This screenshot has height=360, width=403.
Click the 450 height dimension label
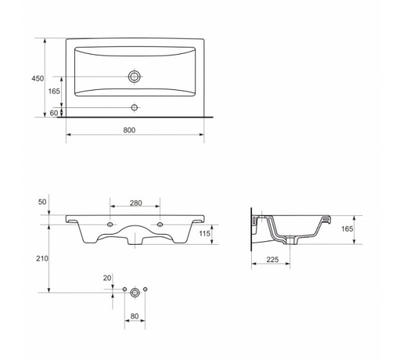37,78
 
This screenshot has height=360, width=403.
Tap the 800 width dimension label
129,130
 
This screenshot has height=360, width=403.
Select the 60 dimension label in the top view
54,113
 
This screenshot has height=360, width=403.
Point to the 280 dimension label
136,203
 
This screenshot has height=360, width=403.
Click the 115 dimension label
204,233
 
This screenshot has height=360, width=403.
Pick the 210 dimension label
42,258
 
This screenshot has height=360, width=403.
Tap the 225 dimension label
273,260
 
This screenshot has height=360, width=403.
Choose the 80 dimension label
135,316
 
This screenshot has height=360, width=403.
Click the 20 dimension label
107,278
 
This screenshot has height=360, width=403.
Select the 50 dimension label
42,202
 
